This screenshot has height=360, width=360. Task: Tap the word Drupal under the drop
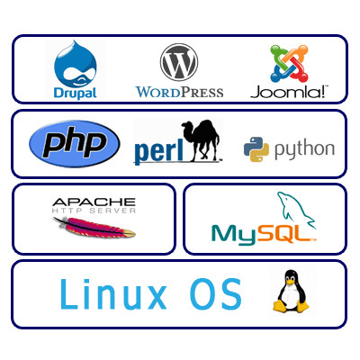coord(76,94)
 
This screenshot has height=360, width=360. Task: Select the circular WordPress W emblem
coord(179,62)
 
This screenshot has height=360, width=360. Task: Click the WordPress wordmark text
coord(179,92)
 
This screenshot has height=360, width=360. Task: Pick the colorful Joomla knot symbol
coord(289,64)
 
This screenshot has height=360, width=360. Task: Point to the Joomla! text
coord(289,92)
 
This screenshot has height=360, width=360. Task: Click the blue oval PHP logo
coord(75,144)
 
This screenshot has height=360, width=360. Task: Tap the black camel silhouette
coord(201,140)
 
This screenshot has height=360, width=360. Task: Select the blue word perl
coord(158,151)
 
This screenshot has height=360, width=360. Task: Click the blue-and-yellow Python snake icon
coord(256,149)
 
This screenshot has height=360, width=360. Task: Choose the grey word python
coord(304,150)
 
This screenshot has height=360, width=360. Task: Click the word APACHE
coord(94,202)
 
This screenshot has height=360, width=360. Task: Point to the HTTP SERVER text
coord(94,211)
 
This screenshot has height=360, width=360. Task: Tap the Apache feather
coord(94,228)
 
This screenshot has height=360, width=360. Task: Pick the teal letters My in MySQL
coord(234,236)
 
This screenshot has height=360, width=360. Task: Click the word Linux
coord(113,294)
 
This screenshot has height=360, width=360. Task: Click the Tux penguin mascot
coord(291,291)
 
